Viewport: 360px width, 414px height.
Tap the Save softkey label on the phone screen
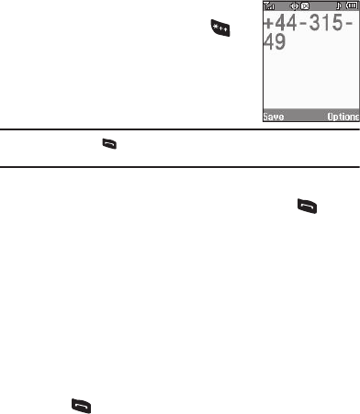click(x=274, y=117)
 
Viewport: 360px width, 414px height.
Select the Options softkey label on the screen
click(x=343, y=117)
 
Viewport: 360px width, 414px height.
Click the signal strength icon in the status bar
click(x=269, y=6)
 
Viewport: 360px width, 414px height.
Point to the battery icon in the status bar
click(x=352, y=6)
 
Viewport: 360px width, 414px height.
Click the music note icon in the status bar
click(x=338, y=6)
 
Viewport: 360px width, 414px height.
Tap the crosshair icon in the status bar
click(x=294, y=6)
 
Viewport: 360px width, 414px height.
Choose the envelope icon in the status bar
click(x=305, y=6)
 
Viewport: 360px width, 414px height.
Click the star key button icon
click(x=220, y=28)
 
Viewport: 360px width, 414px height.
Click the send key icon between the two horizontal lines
click(x=109, y=144)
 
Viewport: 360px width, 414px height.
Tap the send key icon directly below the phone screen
click(x=307, y=207)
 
